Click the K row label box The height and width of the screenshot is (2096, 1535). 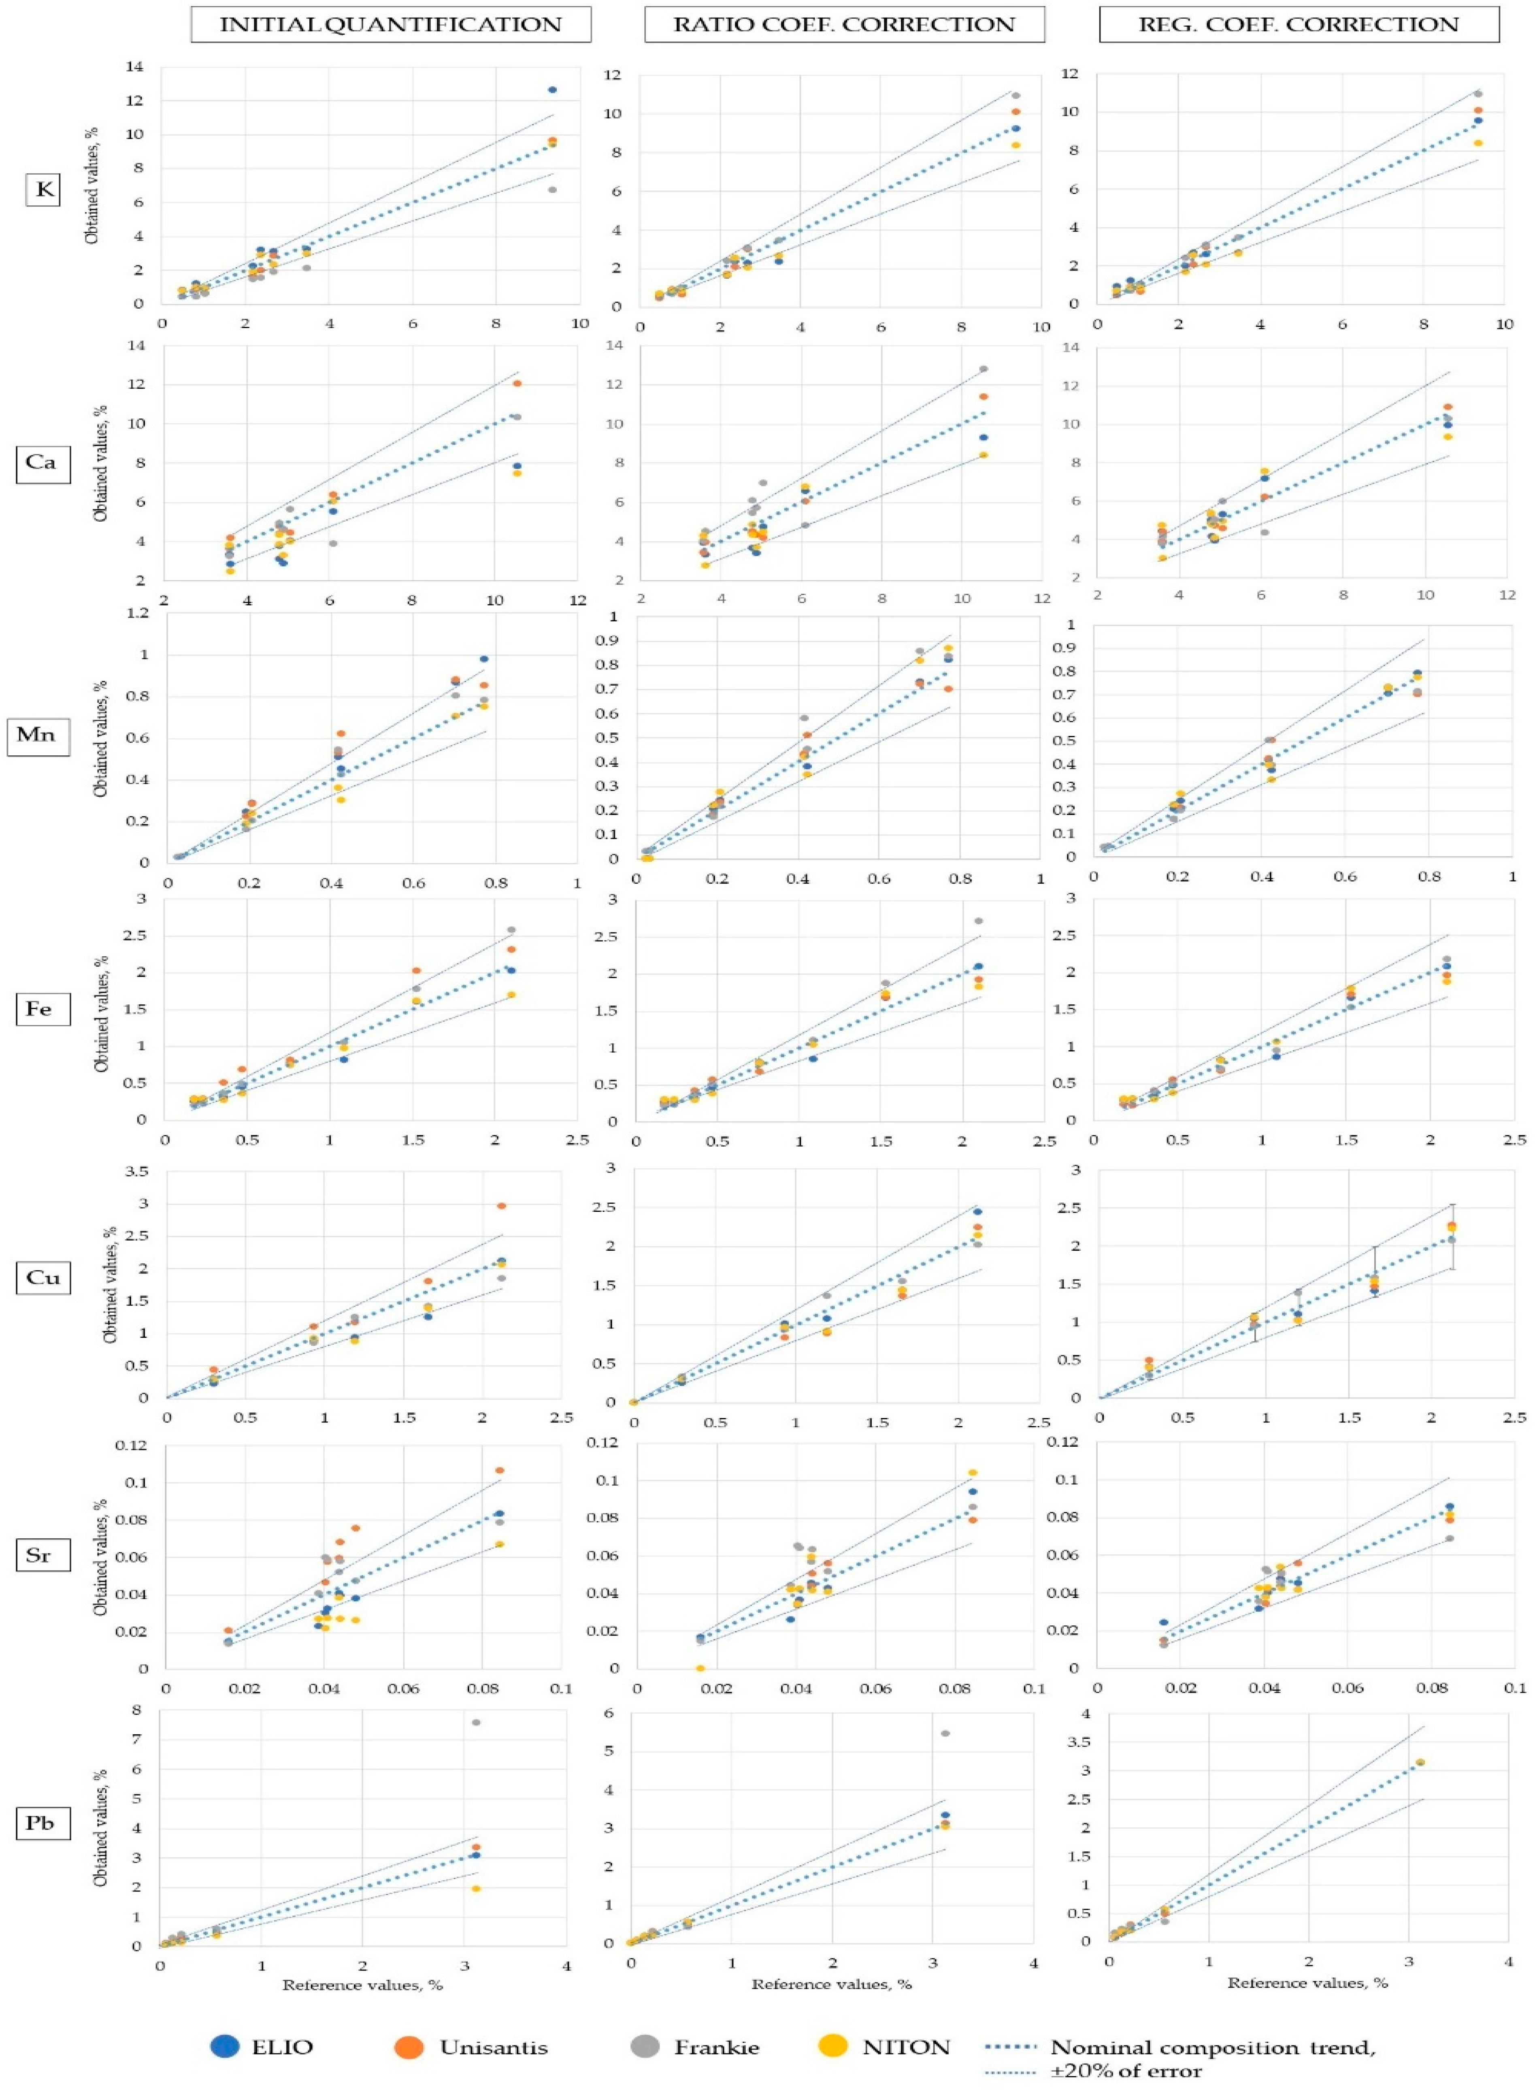tap(43, 190)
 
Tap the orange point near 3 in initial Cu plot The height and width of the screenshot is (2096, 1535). tap(502, 1205)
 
